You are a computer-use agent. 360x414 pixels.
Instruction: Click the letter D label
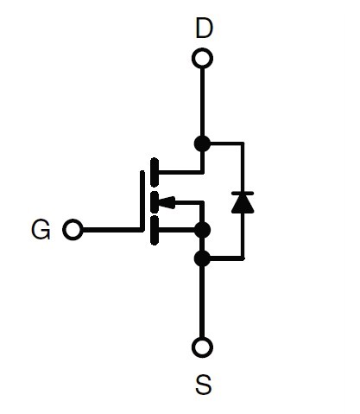(x=205, y=28)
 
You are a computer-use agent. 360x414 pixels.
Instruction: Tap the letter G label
(x=41, y=230)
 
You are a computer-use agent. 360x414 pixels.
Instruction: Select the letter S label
(x=204, y=385)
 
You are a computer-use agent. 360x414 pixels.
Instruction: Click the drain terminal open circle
(x=202, y=58)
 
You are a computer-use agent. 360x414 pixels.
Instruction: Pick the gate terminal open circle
(x=73, y=230)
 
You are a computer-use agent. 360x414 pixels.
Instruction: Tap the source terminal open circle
(x=202, y=347)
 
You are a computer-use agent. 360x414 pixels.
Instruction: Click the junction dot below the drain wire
(x=202, y=143)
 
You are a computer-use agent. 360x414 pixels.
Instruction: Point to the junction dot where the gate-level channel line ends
(x=202, y=230)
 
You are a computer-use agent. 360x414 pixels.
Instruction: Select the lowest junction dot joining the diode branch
(x=202, y=258)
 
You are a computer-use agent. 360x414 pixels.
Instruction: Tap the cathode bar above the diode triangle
(x=243, y=194)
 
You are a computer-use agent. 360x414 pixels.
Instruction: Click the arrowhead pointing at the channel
(x=167, y=202)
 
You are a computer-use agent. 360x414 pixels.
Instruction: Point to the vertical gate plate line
(x=142, y=201)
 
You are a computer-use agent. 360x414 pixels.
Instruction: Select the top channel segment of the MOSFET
(x=155, y=172)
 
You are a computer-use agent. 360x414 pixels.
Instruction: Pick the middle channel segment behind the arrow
(x=155, y=202)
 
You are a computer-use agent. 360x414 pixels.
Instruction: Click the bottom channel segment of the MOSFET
(x=155, y=230)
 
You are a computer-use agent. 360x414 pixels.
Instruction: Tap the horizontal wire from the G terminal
(x=112, y=230)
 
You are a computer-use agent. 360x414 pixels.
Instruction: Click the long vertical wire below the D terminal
(x=202, y=102)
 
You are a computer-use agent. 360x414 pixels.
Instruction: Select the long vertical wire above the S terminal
(x=202, y=302)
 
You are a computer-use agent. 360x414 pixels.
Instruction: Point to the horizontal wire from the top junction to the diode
(x=227, y=143)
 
